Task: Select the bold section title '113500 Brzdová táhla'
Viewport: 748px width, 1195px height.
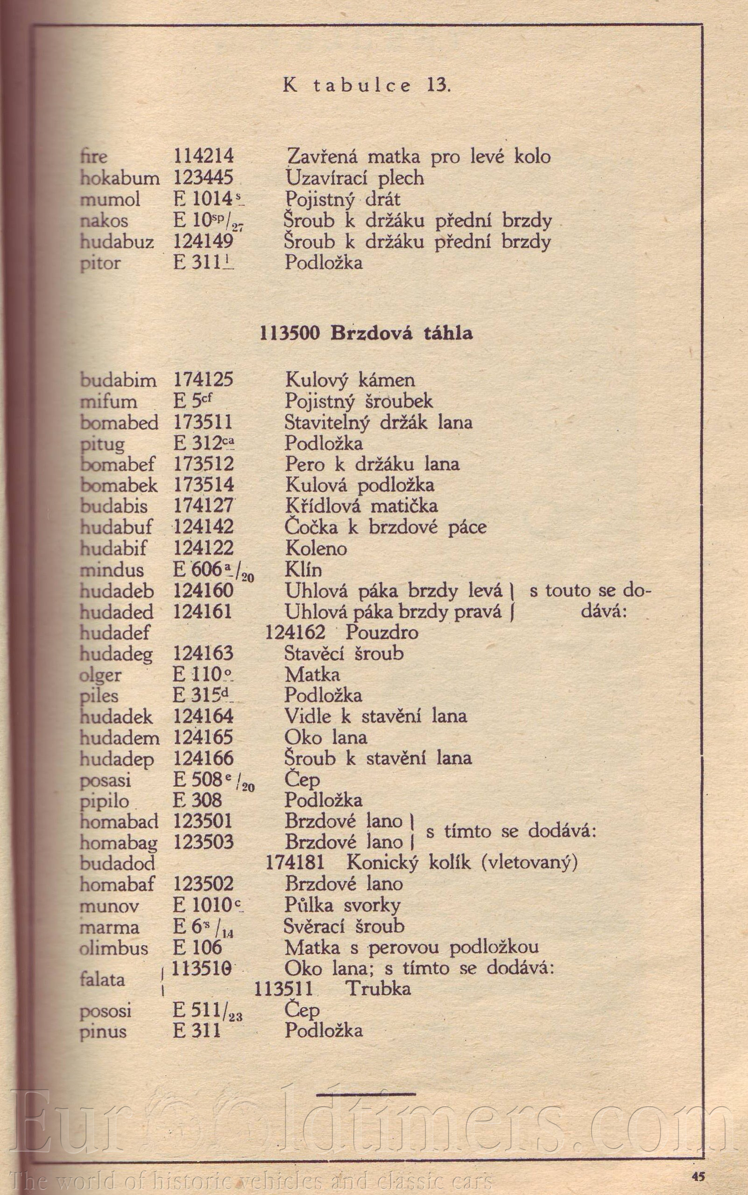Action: [x=367, y=333]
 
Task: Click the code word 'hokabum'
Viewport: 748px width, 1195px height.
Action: [x=120, y=178]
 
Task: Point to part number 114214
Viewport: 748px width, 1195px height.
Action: [x=203, y=157]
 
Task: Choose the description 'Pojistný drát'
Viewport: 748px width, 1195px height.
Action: [x=343, y=199]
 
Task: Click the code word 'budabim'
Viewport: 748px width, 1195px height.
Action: [x=118, y=381]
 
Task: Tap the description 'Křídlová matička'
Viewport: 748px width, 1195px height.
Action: [x=361, y=506]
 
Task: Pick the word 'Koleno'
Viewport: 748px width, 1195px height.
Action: [x=316, y=548]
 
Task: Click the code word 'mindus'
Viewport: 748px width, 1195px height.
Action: [x=112, y=569]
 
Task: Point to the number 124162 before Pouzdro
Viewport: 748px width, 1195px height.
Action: [x=296, y=633]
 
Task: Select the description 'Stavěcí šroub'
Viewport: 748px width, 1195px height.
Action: [x=344, y=654]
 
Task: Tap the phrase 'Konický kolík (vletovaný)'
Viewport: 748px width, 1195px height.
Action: [x=462, y=863]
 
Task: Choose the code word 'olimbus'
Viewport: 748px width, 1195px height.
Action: [x=114, y=948]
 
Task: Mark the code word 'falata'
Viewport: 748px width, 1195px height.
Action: [x=102, y=979]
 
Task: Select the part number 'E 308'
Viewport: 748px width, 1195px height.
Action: [x=198, y=800]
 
